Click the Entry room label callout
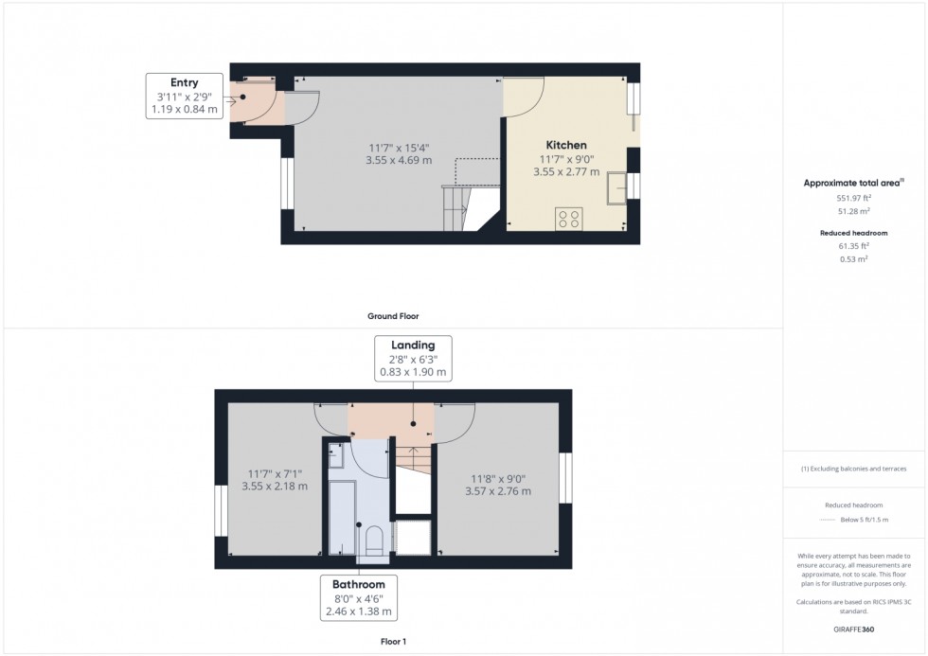point(185,96)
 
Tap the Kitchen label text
point(566,145)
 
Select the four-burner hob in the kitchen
point(569,219)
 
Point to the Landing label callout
point(413,358)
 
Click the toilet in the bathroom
point(373,541)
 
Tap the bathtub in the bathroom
point(340,516)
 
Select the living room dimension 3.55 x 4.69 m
point(399,160)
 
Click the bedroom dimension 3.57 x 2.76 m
point(498,491)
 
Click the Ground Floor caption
point(393,316)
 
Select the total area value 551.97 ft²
point(853,198)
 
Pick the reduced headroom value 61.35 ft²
point(853,245)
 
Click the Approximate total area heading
point(853,183)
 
